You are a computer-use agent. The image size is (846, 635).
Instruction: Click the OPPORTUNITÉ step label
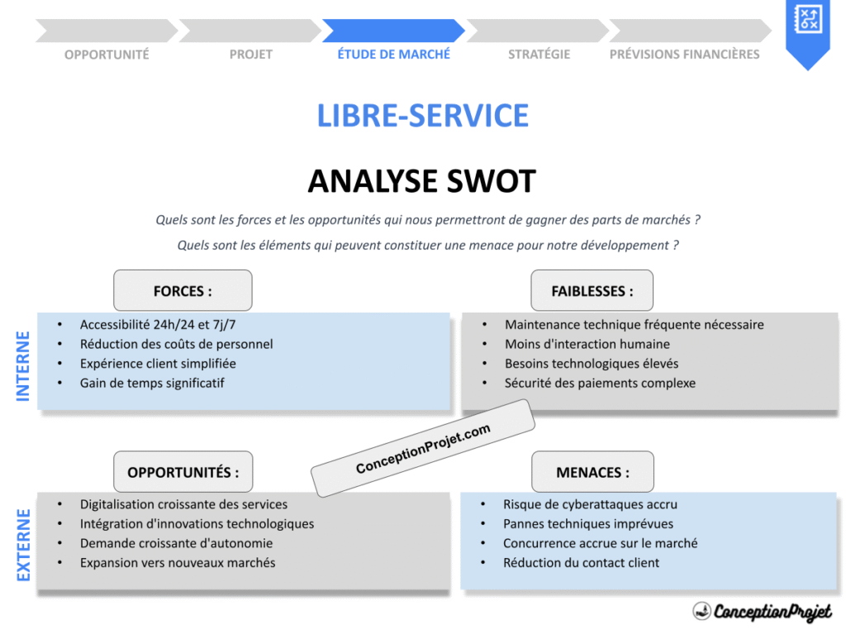click(x=107, y=55)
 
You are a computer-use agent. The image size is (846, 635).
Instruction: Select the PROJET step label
click(x=250, y=55)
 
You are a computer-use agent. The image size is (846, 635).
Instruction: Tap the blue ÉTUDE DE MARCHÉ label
click(x=394, y=55)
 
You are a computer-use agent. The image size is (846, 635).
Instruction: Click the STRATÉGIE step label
click(x=539, y=55)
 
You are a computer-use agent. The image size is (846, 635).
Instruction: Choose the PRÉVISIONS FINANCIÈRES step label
click(x=684, y=55)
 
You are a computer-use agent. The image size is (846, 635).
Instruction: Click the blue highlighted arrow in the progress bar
click(x=392, y=31)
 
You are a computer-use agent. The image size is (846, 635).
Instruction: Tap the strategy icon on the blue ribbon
click(x=806, y=19)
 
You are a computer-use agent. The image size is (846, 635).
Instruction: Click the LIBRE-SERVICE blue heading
click(x=422, y=116)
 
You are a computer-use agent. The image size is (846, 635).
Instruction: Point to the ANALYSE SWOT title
click(x=422, y=181)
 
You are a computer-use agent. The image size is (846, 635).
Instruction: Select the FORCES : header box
click(x=183, y=291)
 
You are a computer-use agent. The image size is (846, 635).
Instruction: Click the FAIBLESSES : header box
click(x=592, y=291)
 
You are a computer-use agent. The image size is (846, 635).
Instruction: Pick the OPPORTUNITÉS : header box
click(x=183, y=472)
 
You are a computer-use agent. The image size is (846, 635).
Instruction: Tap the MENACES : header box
click(x=592, y=472)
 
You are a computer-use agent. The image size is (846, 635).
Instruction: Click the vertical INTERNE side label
click(x=23, y=365)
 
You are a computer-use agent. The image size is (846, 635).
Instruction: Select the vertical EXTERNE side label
click(x=23, y=544)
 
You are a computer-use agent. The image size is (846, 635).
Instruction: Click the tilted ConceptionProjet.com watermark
click(x=422, y=449)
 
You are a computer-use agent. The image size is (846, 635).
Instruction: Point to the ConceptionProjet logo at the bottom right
click(x=762, y=612)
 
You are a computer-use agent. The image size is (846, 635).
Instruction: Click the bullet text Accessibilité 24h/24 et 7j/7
click(x=164, y=325)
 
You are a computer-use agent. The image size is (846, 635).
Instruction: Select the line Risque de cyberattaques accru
click(x=590, y=504)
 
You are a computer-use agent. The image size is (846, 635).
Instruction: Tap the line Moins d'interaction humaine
click(x=587, y=344)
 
